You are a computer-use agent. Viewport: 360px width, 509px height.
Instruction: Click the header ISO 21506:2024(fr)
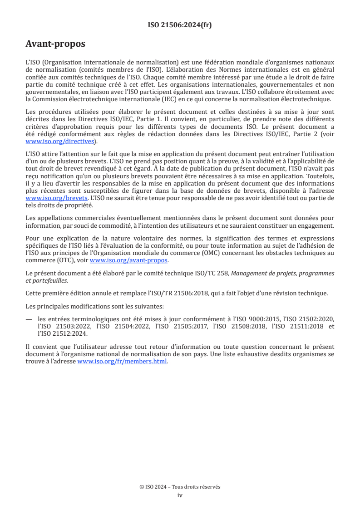[180, 25]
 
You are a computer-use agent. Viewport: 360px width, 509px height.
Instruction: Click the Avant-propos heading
[55, 44]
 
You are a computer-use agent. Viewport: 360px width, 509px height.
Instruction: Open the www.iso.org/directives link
[61, 142]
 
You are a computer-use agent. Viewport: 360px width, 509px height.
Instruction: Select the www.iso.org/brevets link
[56, 198]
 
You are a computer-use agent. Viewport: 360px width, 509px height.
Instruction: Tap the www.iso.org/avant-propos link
[129, 260]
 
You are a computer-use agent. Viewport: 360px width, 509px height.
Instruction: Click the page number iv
[180, 495]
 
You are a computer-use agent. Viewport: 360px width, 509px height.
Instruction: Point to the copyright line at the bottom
[180, 487]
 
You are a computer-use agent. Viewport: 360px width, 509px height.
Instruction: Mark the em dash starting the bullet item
[30, 318]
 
